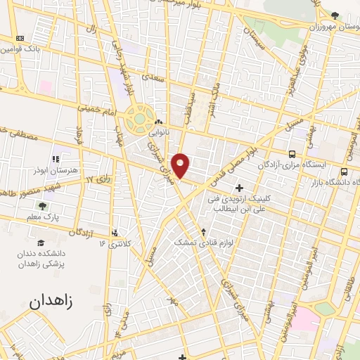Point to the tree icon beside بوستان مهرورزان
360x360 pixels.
[335, 15]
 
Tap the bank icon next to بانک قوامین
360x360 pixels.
[19, 38]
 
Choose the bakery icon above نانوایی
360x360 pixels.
[158, 120]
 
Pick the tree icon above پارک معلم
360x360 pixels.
[42, 206]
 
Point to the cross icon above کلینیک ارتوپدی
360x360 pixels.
[240, 188]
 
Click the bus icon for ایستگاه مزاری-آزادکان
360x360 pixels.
[292, 153]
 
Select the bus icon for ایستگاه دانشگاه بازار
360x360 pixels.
[344, 171]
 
